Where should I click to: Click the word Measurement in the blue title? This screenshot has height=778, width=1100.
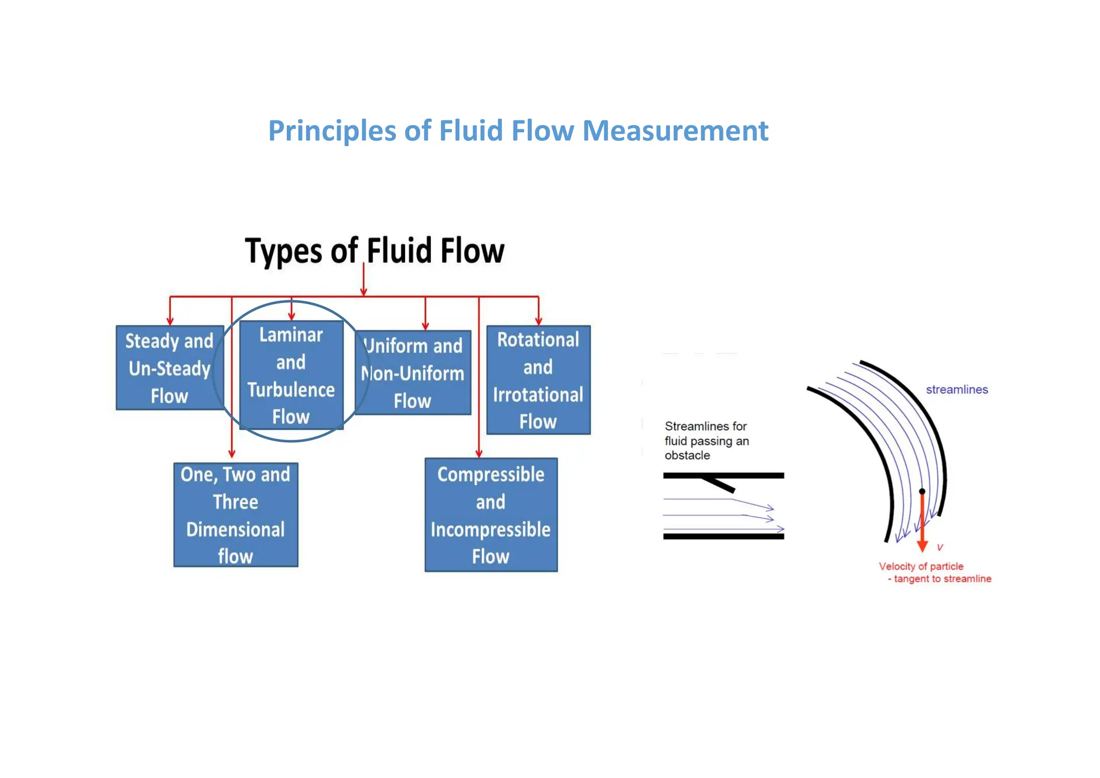[x=675, y=131]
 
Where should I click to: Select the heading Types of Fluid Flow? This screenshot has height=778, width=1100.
[x=374, y=251]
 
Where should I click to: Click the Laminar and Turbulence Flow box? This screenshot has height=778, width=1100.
[x=291, y=375]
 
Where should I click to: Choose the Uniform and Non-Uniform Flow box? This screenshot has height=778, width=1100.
[x=412, y=373]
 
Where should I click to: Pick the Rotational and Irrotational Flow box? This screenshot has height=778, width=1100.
[x=538, y=380]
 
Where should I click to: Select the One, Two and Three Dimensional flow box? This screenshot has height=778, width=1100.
[x=235, y=515]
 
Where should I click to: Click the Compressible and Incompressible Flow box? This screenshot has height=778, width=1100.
[x=491, y=515]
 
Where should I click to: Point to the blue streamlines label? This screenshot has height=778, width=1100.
[x=957, y=390]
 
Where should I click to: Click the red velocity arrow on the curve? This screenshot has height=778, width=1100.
[x=922, y=524]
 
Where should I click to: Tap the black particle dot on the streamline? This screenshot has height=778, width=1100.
[x=922, y=491]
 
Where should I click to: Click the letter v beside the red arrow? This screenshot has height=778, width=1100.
[x=940, y=547]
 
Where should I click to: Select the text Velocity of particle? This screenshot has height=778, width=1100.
[x=921, y=566]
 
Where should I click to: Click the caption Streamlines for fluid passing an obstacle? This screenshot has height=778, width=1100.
[x=706, y=441]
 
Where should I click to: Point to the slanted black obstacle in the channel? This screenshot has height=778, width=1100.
[x=718, y=483]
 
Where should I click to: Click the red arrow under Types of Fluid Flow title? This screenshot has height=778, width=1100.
[x=364, y=279]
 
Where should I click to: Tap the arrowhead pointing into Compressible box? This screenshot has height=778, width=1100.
[x=479, y=453]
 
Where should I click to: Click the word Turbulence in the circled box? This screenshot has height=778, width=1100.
[x=291, y=390]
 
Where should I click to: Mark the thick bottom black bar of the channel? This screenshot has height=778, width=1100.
[x=723, y=536]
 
